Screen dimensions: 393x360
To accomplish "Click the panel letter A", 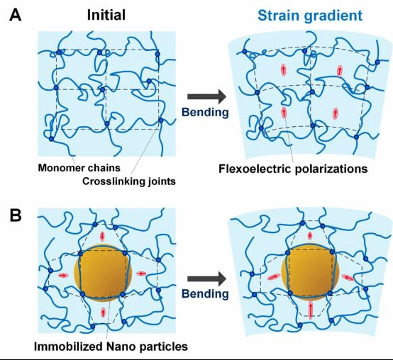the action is click(16, 16).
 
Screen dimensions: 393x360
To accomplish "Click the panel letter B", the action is click(16, 215).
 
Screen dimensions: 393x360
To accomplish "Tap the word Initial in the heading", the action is click(106, 15).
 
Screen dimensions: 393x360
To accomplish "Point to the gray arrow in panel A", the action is click(206, 96).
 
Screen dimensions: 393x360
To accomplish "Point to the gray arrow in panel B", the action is click(206, 279).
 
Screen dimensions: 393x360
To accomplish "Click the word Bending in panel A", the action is click(205, 113).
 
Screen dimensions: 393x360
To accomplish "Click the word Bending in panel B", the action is click(205, 293).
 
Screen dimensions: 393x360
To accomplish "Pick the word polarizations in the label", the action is click(331, 169).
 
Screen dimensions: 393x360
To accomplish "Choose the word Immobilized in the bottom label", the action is click(68, 347).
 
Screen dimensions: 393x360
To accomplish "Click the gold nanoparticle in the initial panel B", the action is click(103, 273).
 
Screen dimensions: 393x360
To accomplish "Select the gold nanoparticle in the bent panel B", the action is click(310, 273).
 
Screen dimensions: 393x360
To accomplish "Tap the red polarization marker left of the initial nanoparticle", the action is click(63, 276).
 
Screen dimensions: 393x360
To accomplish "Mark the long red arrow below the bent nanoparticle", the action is click(311, 310).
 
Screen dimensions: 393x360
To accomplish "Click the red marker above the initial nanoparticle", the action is click(102, 236).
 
